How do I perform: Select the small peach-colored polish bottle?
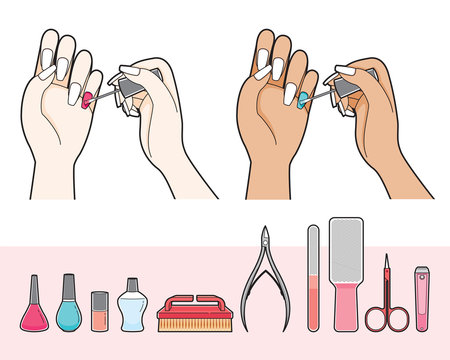click(x=99, y=312)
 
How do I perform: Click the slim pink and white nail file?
click(x=313, y=280)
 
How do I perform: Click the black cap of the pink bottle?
click(x=33, y=286)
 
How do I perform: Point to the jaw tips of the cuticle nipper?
click(x=265, y=233)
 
